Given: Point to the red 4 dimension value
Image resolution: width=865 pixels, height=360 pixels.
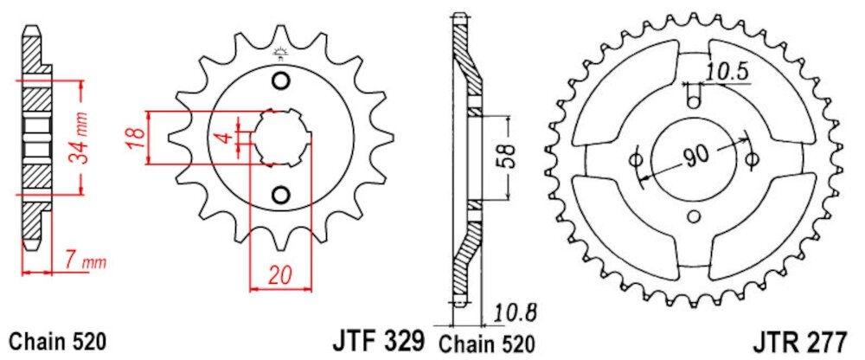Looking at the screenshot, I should click(x=222, y=138).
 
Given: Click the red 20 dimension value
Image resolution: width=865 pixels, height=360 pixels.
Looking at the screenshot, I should click(x=279, y=275).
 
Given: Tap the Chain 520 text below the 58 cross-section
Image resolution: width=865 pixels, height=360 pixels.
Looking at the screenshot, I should click(x=486, y=341).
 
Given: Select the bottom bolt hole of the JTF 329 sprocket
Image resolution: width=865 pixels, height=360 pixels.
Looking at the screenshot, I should click(x=280, y=194).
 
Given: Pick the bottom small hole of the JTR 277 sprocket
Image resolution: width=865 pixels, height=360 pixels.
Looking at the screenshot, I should click(x=693, y=217).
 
